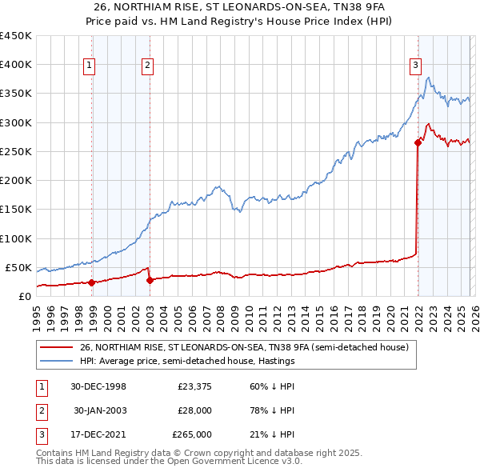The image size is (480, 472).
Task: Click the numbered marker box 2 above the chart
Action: coord(148,66)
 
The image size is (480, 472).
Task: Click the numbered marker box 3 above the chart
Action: coord(416,66)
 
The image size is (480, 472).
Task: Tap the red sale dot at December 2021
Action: coord(418,143)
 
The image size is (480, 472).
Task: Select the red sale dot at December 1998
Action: coord(92,282)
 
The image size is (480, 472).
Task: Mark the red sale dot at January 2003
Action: coord(150,280)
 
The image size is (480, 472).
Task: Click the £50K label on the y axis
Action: coord(18,267)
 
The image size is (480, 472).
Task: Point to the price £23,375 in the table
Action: coord(192,386)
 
